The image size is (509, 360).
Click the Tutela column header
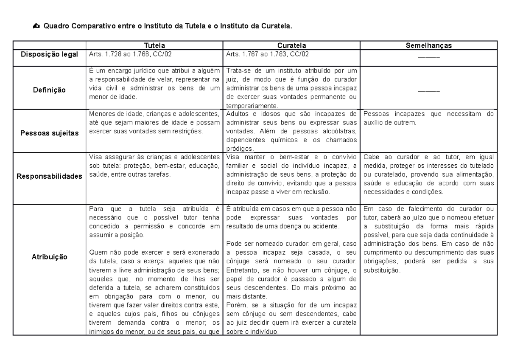154,45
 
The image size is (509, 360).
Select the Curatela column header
291,45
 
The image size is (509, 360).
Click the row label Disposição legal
50,54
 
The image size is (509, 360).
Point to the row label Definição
50,90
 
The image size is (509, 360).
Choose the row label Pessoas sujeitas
50,133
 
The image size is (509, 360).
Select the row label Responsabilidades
50,176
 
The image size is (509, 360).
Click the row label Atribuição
50,257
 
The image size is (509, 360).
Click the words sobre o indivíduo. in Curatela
252,332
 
